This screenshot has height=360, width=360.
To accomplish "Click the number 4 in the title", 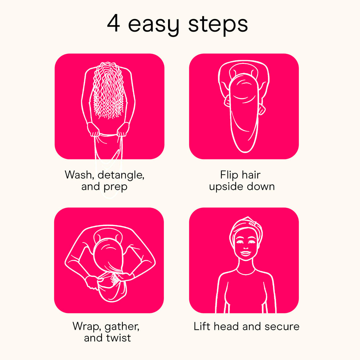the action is coord(113,23).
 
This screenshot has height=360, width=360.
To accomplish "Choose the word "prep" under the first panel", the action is coord(116,187).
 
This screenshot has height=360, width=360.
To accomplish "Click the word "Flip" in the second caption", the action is coord(226,175).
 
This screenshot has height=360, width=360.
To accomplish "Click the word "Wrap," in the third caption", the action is coord(87,327).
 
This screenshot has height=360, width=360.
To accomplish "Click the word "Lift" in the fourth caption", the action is coord(202,326).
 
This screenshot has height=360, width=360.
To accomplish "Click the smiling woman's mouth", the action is coord(246,254).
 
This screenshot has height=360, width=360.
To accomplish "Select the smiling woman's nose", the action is coord(246,247).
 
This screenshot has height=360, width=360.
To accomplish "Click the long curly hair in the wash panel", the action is coord(108,91).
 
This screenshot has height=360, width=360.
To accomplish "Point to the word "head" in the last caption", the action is coord(226,326).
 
